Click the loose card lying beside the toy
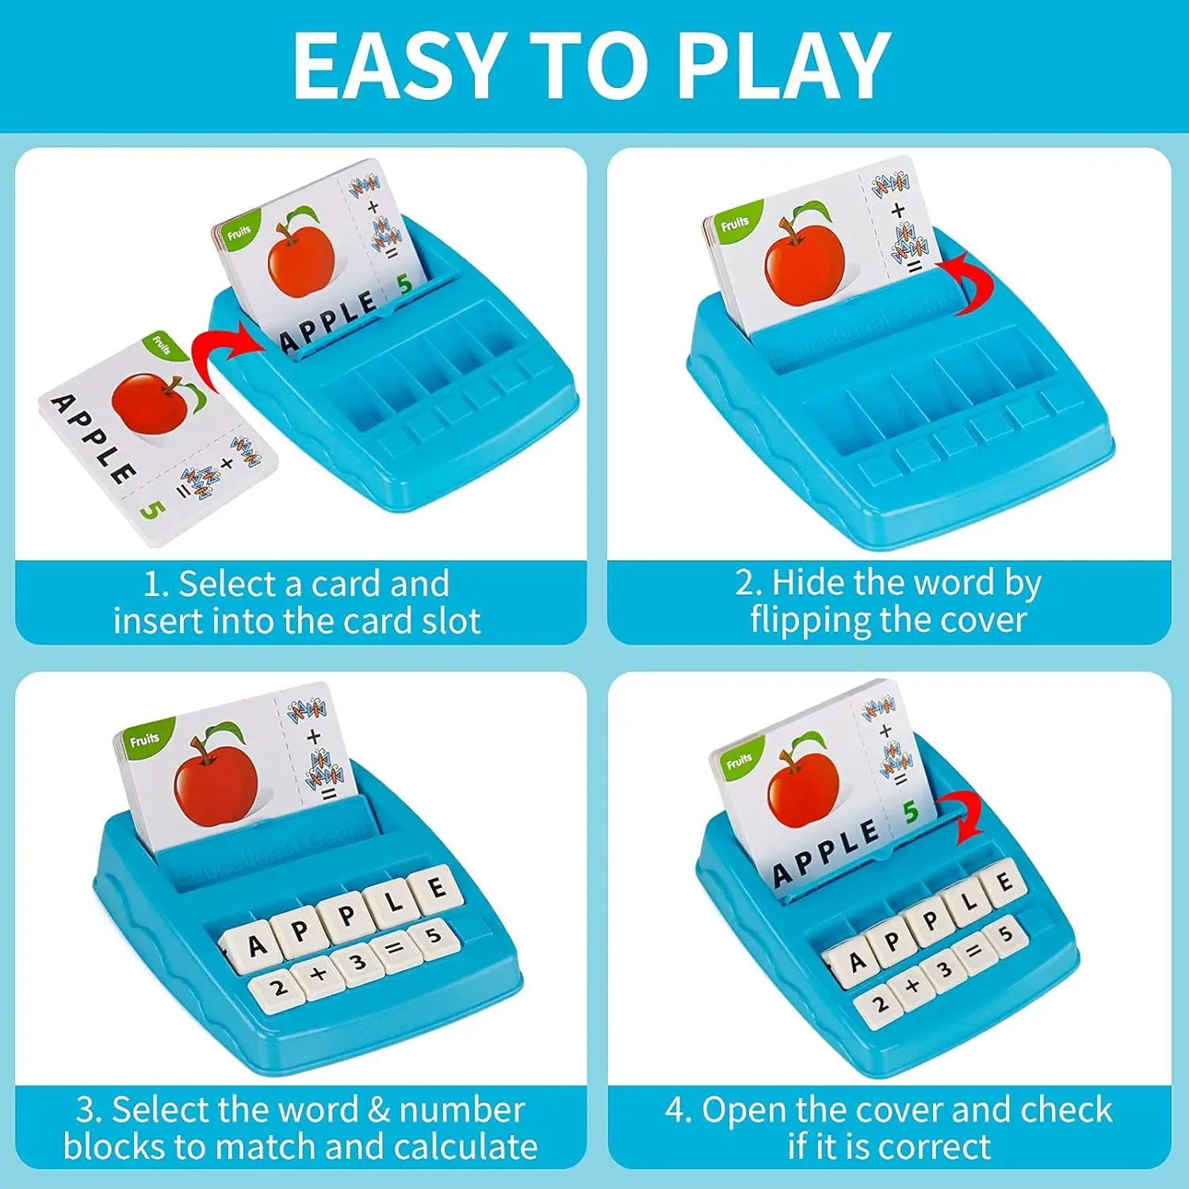point(159,436)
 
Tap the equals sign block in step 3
point(394,946)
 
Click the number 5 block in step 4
point(1006,935)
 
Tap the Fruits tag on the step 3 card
point(143,740)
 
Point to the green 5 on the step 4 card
point(910,812)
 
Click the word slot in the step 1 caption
point(451,621)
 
